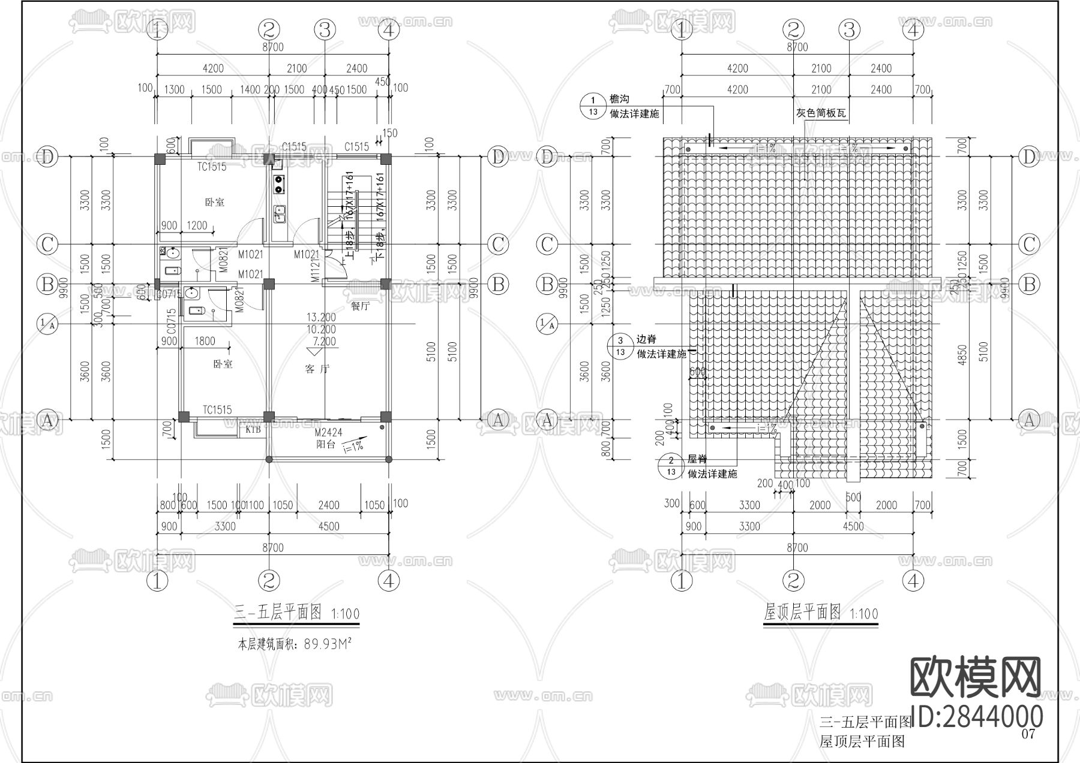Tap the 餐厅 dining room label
click(360, 306)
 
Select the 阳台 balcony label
click(326, 445)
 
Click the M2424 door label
click(328, 433)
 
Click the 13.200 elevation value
click(321, 317)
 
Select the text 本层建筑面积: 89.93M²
click(295, 644)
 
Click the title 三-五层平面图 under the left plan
click(278, 613)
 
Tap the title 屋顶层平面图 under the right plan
click(802, 612)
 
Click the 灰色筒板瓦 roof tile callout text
click(821, 113)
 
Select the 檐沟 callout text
click(619, 99)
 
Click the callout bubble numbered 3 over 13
click(620, 346)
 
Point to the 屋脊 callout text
click(697, 459)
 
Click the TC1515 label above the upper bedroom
click(212, 167)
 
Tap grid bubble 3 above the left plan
click(325, 29)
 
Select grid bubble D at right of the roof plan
click(1030, 157)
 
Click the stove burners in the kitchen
click(279, 184)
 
